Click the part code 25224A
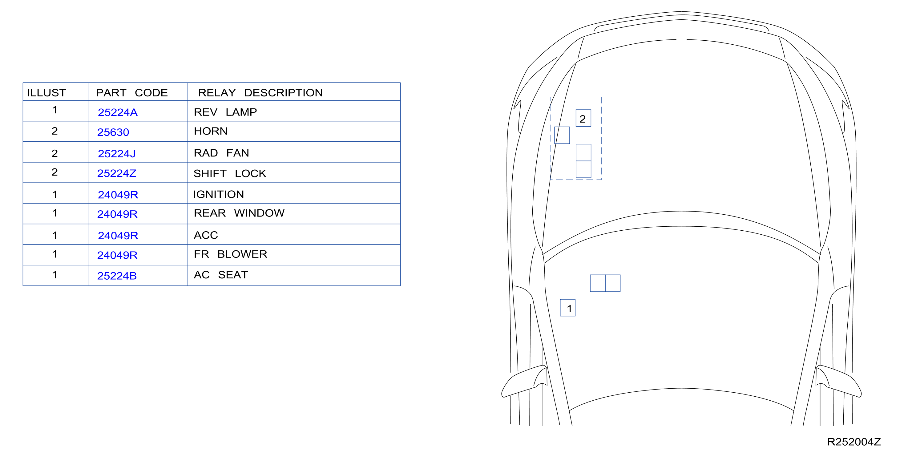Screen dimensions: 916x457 (x=117, y=112)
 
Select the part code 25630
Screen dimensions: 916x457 (x=113, y=132)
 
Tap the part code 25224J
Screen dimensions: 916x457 (x=117, y=154)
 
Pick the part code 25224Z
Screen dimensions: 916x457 (x=117, y=173)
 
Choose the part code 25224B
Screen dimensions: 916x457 (x=117, y=276)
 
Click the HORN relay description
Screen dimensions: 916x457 (x=211, y=131)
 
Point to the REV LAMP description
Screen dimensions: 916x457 (x=225, y=112)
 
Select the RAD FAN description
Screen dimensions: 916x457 (x=221, y=153)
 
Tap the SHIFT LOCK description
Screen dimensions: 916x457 (x=230, y=174)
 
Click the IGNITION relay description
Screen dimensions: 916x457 (x=218, y=194)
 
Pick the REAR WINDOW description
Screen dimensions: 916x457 (x=239, y=213)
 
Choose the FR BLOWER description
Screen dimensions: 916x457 (x=230, y=254)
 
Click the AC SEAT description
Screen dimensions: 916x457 (x=221, y=275)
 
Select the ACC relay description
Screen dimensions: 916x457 (x=206, y=235)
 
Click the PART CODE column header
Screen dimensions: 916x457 (x=131, y=93)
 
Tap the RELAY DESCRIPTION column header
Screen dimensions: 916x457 (x=260, y=93)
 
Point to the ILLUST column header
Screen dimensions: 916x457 (x=46, y=93)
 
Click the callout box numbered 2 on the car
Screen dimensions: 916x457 (x=583, y=118)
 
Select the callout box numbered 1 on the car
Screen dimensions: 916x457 (x=567, y=308)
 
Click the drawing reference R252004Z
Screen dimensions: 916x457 (x=854, y=442)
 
